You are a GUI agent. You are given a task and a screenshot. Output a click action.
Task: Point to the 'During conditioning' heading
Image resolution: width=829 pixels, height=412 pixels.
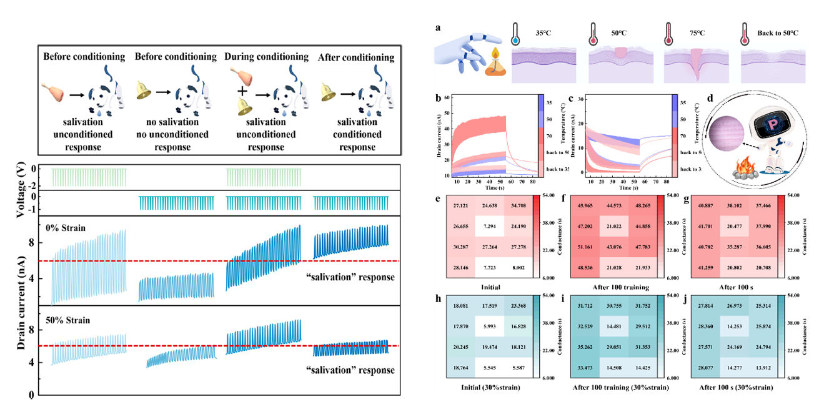pyautogui.click(x=267, y=57)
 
